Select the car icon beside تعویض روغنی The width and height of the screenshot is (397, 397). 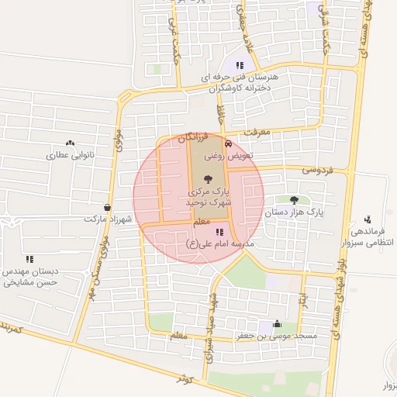tap(227, 144)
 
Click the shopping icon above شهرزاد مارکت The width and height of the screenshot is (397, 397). tap(107, 208)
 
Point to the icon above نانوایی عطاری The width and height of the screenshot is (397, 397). tap(70, 143)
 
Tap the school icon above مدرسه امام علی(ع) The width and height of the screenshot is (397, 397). tap(219, 231)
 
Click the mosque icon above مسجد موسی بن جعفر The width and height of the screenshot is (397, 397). tap(278, 325)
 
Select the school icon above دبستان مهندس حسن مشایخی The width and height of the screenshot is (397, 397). tap(29, 259)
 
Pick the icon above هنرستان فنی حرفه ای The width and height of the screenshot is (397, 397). tap(240, 65)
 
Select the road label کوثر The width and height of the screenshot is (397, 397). tap(184, 378)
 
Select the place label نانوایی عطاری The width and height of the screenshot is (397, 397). tap(71, 155)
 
